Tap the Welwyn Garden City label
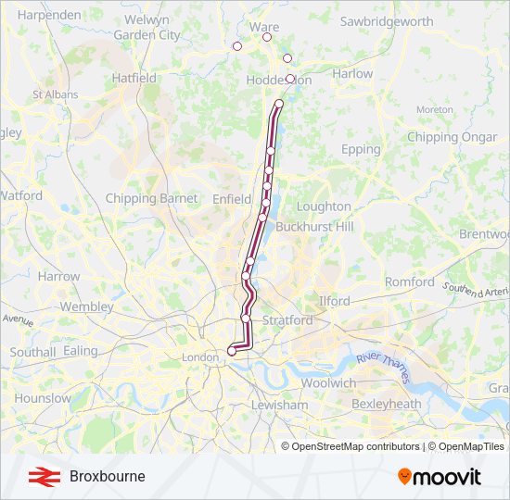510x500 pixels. tap(147, 28)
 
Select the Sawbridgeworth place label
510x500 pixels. tap(387, 21)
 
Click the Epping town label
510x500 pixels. tap(361, 149)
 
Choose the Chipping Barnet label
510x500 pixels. tap(151, 198)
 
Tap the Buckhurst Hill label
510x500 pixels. tap(315, 226)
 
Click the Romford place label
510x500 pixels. tap(410, 281)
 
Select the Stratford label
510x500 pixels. tap(287, 320)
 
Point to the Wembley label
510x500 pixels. tap(86, 306)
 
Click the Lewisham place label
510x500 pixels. tap(279, 405)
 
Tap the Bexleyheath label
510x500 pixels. tap(386, 404)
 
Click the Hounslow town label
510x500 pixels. tap(43, 398)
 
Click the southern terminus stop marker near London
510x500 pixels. tap(231, 351)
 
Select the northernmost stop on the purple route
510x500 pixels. tap(279, 104)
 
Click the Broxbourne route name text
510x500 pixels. tap(107, 476)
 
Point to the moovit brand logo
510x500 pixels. tap(440, 476)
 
